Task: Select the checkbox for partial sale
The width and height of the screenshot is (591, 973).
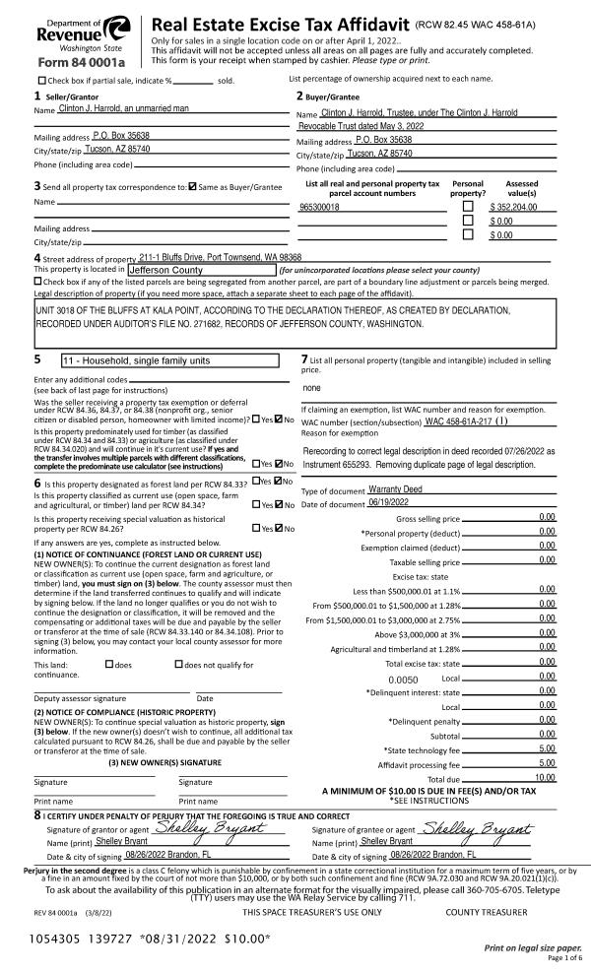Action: pyautogui.click(x=41, y=79)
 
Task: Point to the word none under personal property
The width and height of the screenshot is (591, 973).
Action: pyautogui.click(x=312, y=387)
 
